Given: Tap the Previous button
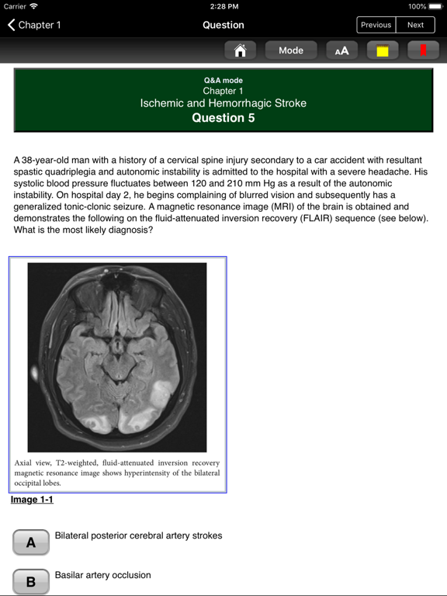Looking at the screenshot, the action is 376,25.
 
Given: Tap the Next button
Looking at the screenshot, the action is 416,25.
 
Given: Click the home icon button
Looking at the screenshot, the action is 240,50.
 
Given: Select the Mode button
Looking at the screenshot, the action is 291,50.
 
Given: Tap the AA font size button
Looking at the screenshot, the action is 341,50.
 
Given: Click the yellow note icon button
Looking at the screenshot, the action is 383,50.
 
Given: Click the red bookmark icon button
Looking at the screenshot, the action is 423,50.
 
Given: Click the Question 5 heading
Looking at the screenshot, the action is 223,118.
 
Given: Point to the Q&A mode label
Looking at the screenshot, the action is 223,81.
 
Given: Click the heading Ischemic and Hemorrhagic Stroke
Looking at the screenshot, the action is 223,103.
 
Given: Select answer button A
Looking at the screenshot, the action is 31,542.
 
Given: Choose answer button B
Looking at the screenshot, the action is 31,581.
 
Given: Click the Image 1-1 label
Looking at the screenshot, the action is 32,500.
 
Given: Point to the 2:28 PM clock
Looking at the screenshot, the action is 223,6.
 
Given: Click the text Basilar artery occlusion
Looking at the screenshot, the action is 102,575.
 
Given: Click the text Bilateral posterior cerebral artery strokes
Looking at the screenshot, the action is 138,535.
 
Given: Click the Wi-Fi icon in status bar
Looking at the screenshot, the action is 34,6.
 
